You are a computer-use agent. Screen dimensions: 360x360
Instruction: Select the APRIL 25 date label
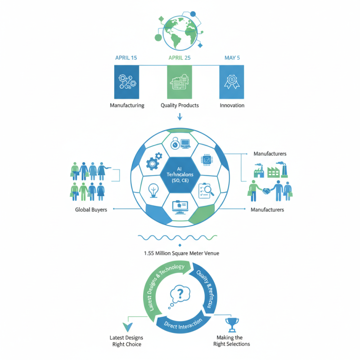click(x=180, y=58)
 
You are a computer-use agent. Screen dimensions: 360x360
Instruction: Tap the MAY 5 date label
click(x=232, y=58)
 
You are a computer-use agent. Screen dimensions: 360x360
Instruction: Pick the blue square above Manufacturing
click(x=127, y=82)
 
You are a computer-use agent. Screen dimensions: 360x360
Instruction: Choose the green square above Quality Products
click(x=180, y=82)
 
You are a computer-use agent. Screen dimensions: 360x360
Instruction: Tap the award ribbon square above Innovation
click(x=232, y=82)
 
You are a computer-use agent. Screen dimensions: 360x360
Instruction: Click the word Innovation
click(x=232, y=105)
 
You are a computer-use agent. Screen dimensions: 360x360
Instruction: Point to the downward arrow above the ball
click(x=180, y=117)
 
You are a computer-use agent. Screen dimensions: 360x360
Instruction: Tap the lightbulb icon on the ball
click(x=154, y=191)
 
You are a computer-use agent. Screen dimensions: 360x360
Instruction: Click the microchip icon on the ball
click(x=206, y=159)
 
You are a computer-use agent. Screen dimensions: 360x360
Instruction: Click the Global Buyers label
click(x=92, y=210)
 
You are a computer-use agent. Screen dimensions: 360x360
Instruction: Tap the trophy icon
click(x=232, y=324)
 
